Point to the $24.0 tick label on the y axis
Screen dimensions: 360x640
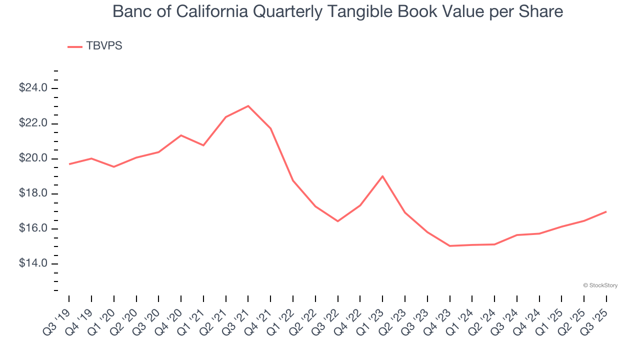(x=33, y=88)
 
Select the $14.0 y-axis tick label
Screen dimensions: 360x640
(x=33, y=263)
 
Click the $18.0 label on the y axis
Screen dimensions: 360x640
(x=33, y=193)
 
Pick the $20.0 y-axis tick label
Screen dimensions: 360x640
(x=33, y=158)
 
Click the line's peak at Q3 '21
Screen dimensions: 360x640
(x=248, y=106)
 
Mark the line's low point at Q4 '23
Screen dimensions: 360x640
(x=449, y=246)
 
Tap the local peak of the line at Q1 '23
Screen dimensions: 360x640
(x=382, y=176)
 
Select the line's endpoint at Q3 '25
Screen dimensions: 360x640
(x=606, y=211)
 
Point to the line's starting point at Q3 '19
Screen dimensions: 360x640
(x=69, y=164)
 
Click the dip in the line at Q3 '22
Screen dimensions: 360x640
(x=337, y=221)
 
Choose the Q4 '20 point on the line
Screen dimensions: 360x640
(x=181, y=135)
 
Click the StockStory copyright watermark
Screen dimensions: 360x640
(x=600, y=285)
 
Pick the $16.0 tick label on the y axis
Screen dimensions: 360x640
(x=33, y=228)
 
